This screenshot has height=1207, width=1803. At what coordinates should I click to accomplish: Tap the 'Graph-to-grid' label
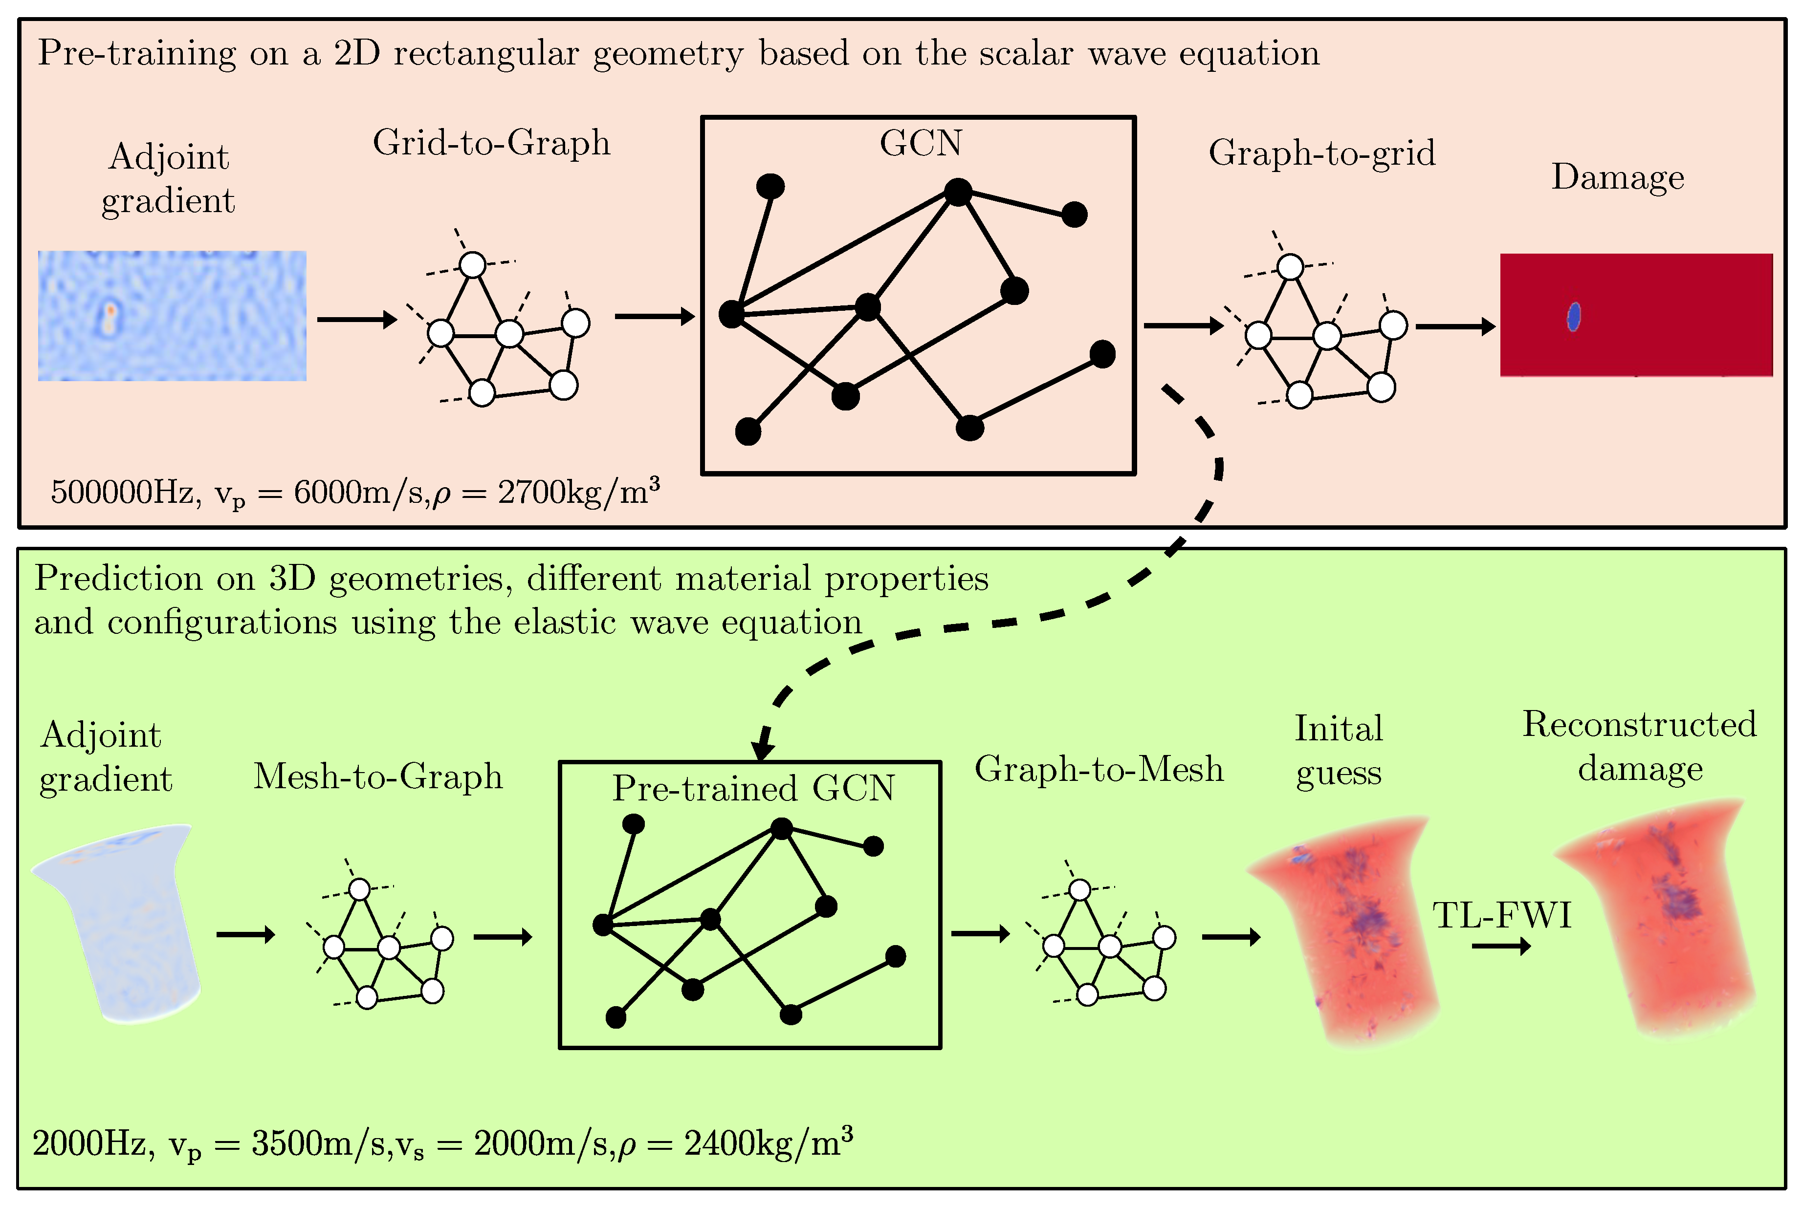coord(1321,153)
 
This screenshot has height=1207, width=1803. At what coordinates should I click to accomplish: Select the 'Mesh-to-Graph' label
coord(378,776)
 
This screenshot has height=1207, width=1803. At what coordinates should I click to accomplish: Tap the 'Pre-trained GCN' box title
coord(753,788)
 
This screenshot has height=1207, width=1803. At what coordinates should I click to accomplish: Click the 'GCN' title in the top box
coord(921,143)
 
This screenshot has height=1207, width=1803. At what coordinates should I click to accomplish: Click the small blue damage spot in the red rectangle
coord(1574,316)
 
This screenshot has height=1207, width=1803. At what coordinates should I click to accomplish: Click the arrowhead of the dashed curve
coord(763,750)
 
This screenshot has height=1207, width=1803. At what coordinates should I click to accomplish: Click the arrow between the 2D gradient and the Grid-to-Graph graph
coord(356,319)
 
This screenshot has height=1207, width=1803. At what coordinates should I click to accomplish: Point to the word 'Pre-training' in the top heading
coord(137,54)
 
